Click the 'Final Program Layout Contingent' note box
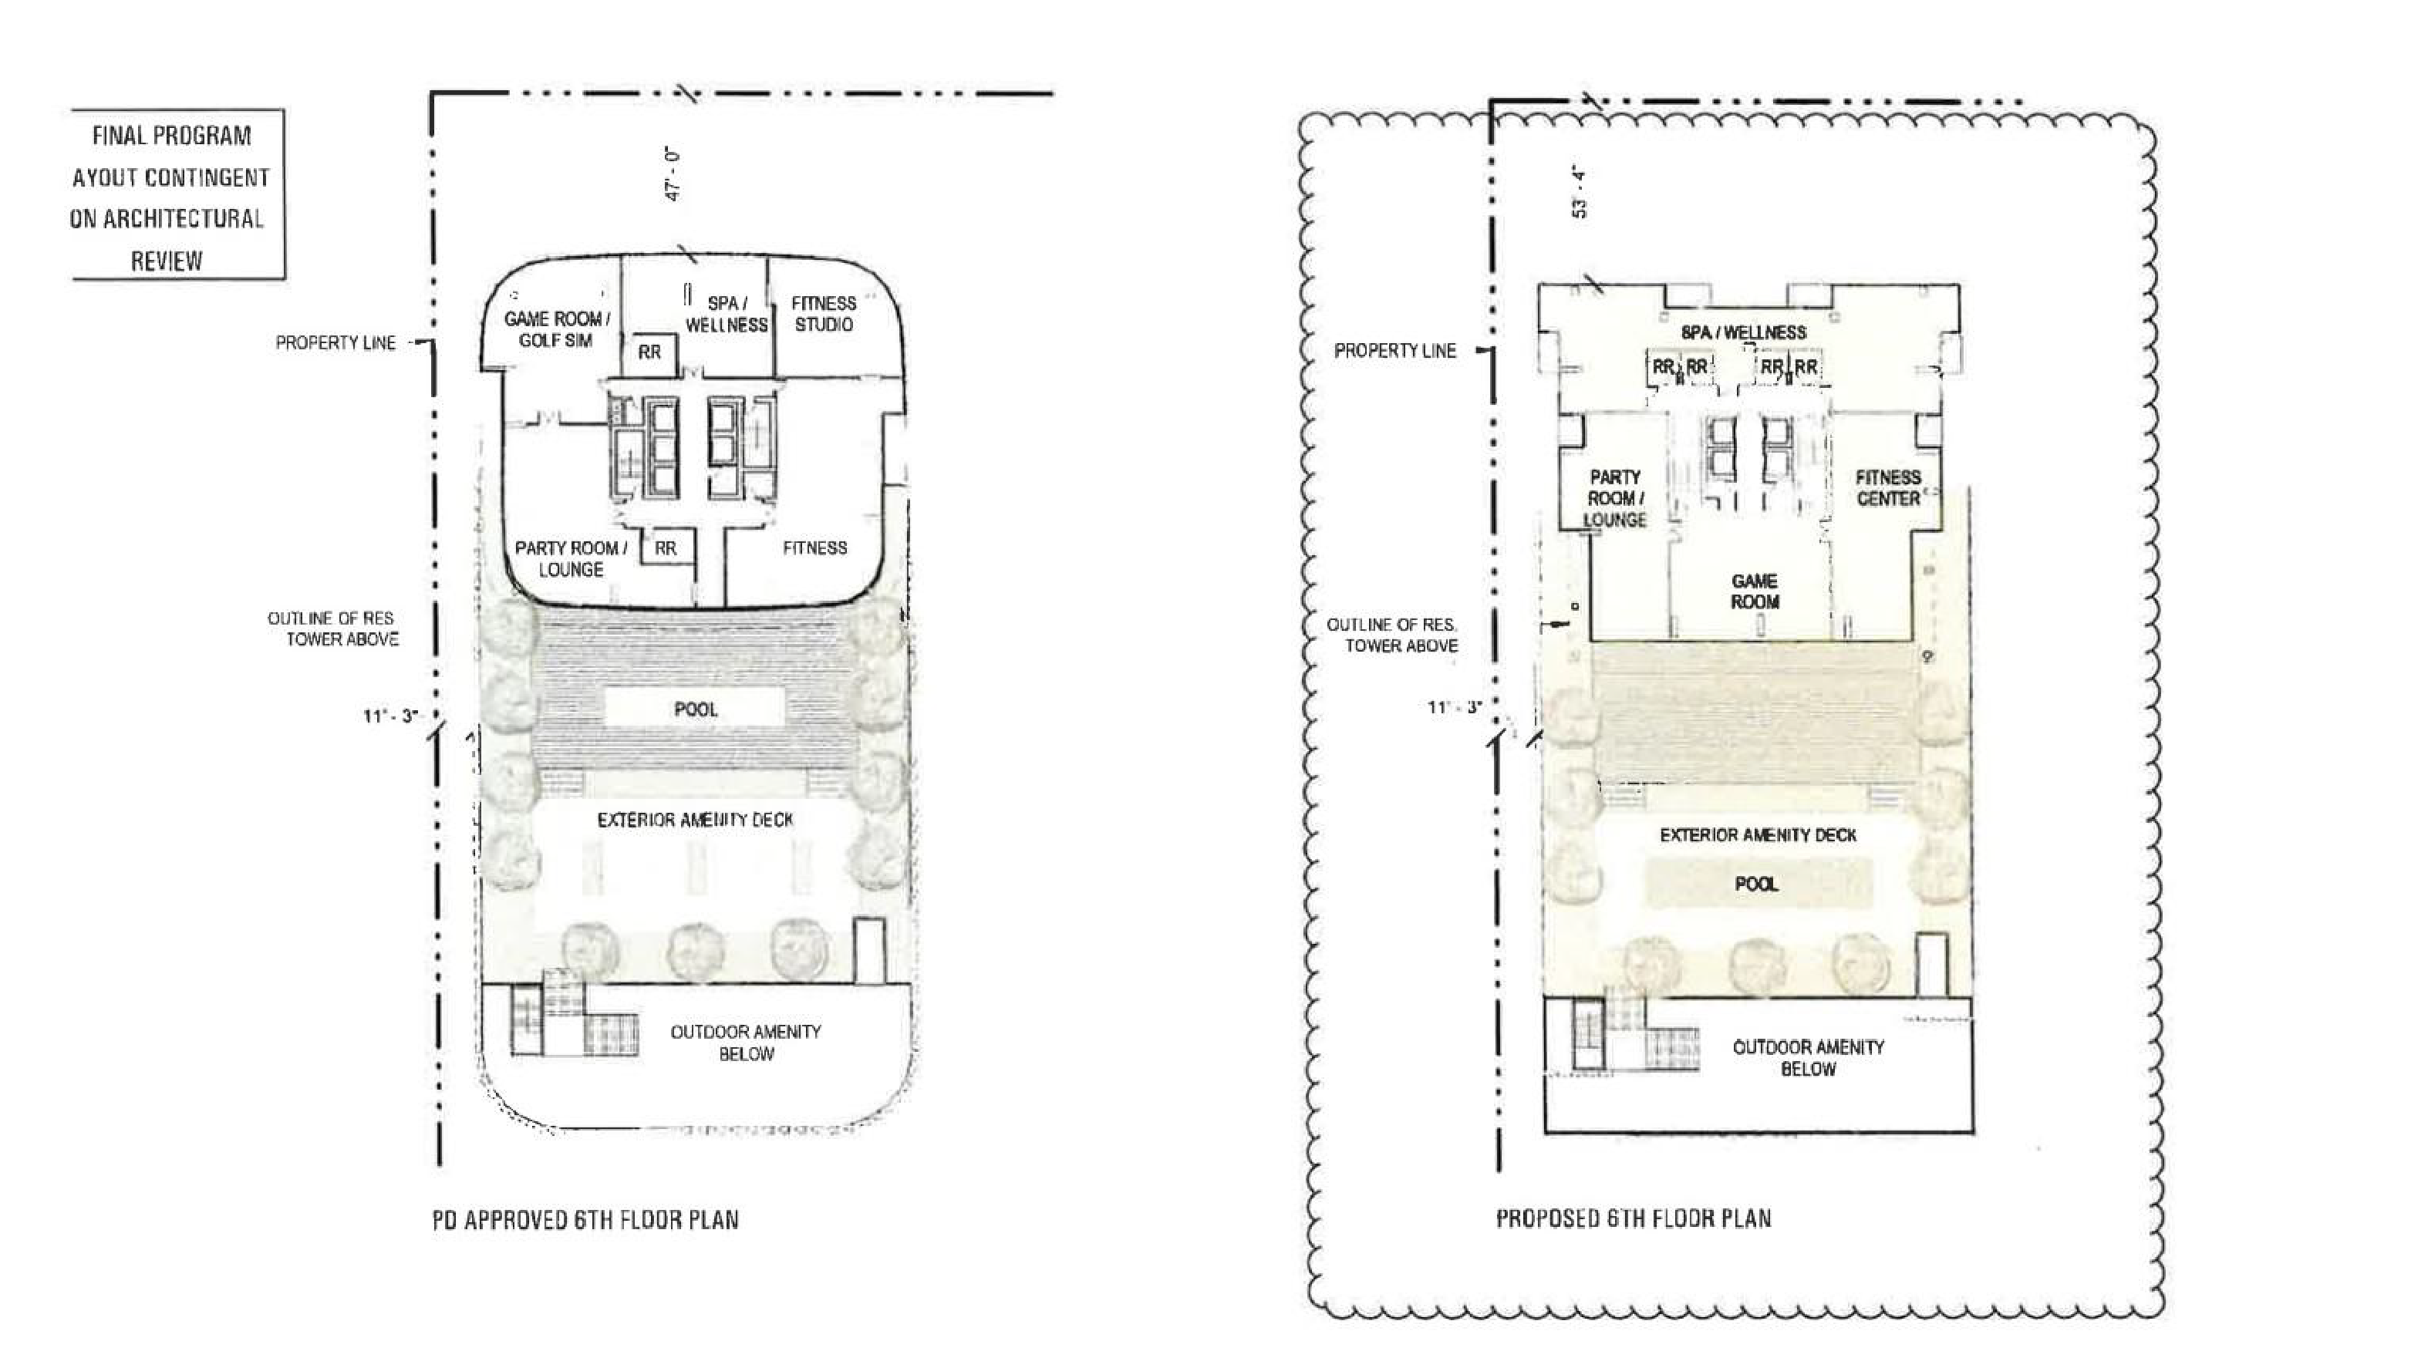pos(177,194)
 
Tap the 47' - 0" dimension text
pos(673,173)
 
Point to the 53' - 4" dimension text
pos(1580,193)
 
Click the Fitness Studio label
pos(823,314)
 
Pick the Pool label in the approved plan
pos(695,709)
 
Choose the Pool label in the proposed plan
pos(1756,884)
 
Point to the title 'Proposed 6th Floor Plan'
pos(1633,1218)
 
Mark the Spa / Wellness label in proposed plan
pos(1743,332)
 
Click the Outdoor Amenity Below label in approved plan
pos(746,1043)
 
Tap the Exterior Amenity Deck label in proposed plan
pos(1758,835)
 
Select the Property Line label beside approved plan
pos(336,343)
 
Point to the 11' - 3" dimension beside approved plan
pos(390,716)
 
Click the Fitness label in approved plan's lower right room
pos(814,548)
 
